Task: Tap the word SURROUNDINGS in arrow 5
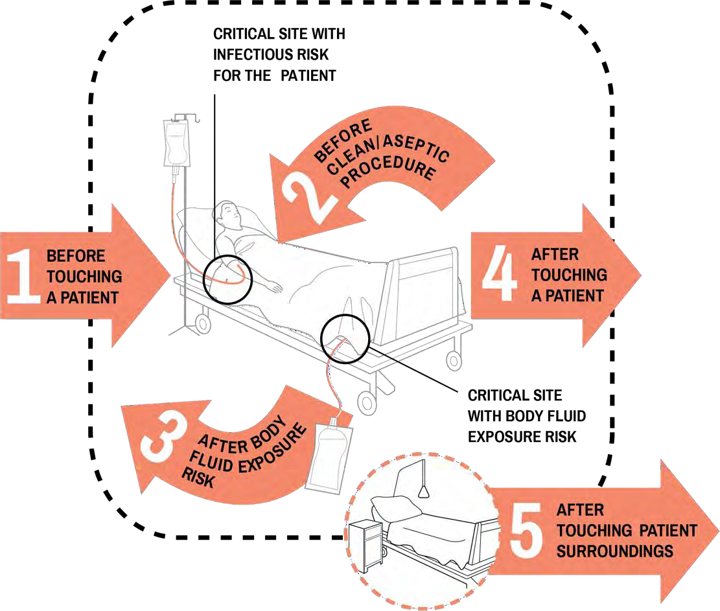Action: point(615,552)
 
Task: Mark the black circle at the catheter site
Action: point(345,338)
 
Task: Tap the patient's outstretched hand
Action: point(275,287)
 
